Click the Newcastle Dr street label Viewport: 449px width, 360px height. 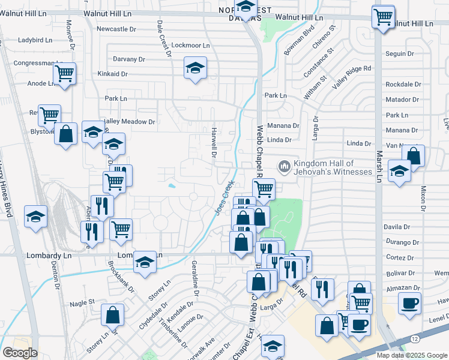click(x=116, y=29)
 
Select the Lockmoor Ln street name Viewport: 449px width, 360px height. click(x=190, y=46)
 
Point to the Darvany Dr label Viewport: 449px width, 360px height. click(x=129, y=59)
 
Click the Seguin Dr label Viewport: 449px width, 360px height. click(x=400, y=53)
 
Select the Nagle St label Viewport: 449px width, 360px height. click(x=82, y=304)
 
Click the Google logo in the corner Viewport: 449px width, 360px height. click(x=20, y=353)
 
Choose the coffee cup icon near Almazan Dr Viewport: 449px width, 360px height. click(x=410, y=303)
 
